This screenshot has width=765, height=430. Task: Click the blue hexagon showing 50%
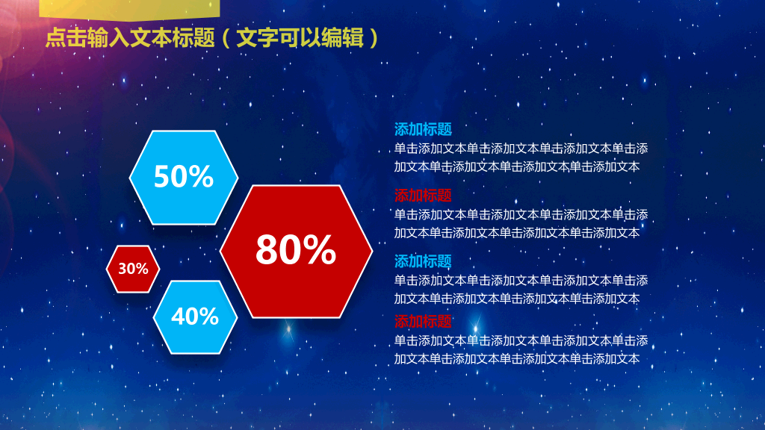coord(184,178)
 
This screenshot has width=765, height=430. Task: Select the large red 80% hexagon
coord(296,252)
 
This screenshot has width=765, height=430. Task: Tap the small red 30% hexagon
coord(133,269)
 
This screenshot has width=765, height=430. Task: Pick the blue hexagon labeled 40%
coord(195,317)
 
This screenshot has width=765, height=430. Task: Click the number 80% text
coord(296,249)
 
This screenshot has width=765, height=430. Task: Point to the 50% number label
coord(184,176)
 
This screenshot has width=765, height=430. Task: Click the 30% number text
coord(133,269)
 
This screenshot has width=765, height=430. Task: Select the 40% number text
coord(195,317)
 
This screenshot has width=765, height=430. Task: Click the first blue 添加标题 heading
coord(423,129)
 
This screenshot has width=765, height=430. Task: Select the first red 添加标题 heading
coord(423,196)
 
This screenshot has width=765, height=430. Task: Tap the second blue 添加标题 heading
coord(423,261)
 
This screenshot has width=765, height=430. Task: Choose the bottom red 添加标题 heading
coord(423,321)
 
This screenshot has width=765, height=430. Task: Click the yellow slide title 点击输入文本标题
coord(130,37)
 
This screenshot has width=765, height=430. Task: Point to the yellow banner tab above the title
coord(129,9)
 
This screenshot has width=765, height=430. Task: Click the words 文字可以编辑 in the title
coord(300,37)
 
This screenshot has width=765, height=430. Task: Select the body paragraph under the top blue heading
coord(521,158)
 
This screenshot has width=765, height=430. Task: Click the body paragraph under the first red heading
coord(521,224)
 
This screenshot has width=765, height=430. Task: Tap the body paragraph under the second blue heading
coord(521,290)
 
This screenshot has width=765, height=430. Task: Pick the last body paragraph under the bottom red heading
coord(521,349)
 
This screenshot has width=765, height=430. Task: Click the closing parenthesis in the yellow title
coord(374,38)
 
